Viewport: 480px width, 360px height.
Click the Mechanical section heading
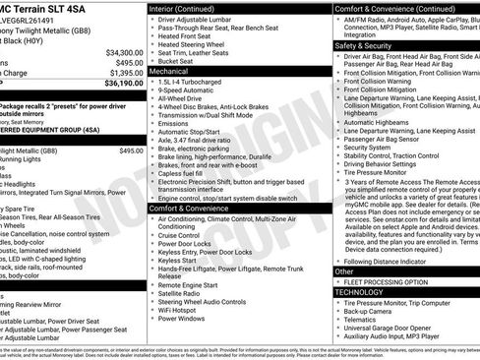(168, 72)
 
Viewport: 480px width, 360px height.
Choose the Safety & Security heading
(364, 45)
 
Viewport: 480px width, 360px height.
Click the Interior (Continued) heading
(188, 8)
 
